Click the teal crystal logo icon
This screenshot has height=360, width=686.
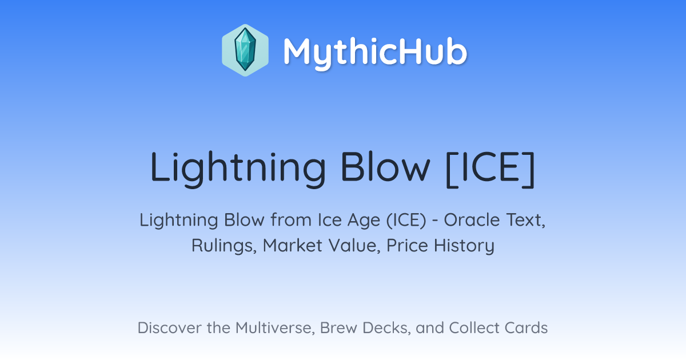[245, 50]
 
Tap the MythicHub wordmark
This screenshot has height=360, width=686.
[375, 53]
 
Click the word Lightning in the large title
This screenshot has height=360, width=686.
[238, 169]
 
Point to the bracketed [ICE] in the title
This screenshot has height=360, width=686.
[490, 169]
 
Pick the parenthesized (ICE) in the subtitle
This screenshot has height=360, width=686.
[406, 220]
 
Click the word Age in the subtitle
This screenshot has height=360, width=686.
[364, 221]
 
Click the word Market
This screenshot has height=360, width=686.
[292, 245]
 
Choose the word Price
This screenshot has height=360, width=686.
[407, 245]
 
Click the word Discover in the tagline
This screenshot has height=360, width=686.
[169, 327]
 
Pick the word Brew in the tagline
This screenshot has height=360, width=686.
[338, 328]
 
